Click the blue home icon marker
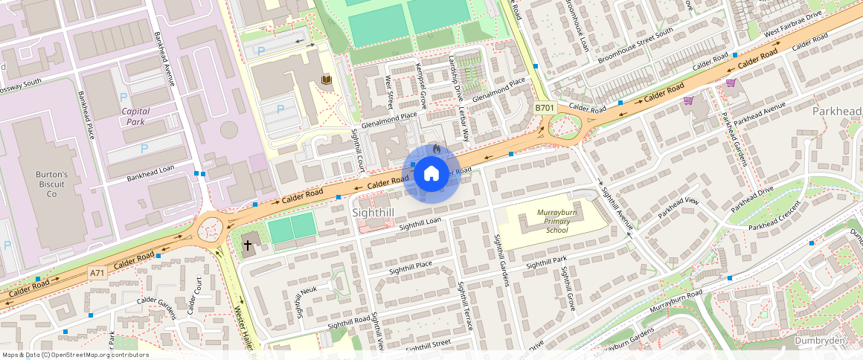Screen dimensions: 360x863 click(x=431, y=174)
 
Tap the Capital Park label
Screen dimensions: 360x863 click(x=135, y=116)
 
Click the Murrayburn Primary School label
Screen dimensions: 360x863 click(x=556, y=222)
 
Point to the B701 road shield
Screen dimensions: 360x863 click(x=545, y=108)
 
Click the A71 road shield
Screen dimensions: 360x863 click(x=97, y=273)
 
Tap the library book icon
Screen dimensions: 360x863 click(x=326, y=80)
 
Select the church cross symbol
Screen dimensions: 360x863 click(x=248, y=244)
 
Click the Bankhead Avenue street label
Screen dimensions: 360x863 click(x=164, y=58)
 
